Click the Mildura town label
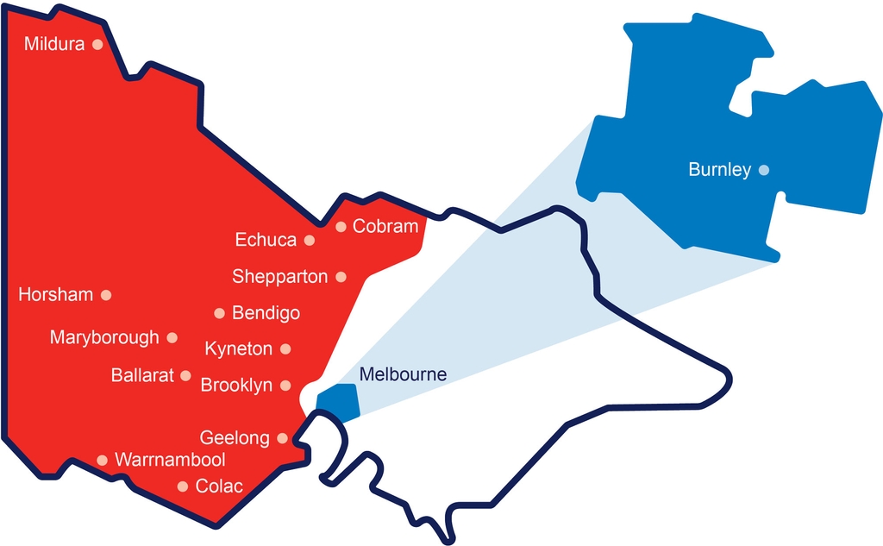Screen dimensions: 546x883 pos(54,43)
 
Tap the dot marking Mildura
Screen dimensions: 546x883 pos(97,43)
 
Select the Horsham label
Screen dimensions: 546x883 pos(55,295)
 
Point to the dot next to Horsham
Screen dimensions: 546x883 pos(106,295)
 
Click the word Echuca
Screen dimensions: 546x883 pos(266,240)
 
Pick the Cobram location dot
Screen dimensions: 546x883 pos(341,227)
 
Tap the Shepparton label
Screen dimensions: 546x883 pos(280,277)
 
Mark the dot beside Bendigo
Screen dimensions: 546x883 pos(219,313)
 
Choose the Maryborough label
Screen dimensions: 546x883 pos(104,337)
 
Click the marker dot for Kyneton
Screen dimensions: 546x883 pos(286,349)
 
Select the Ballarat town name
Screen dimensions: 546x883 pos(142,375)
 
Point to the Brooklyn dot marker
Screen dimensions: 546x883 pos(286,386)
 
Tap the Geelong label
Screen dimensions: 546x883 pos(235,438)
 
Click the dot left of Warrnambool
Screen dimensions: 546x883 pos(102,460)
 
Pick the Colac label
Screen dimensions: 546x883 pos(219,486)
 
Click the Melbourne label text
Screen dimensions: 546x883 pos(403,375)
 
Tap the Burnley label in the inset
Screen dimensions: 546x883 pos(719,170)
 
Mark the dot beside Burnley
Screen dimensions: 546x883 pos(763,170)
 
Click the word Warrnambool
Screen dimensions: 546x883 pos(170,460)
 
